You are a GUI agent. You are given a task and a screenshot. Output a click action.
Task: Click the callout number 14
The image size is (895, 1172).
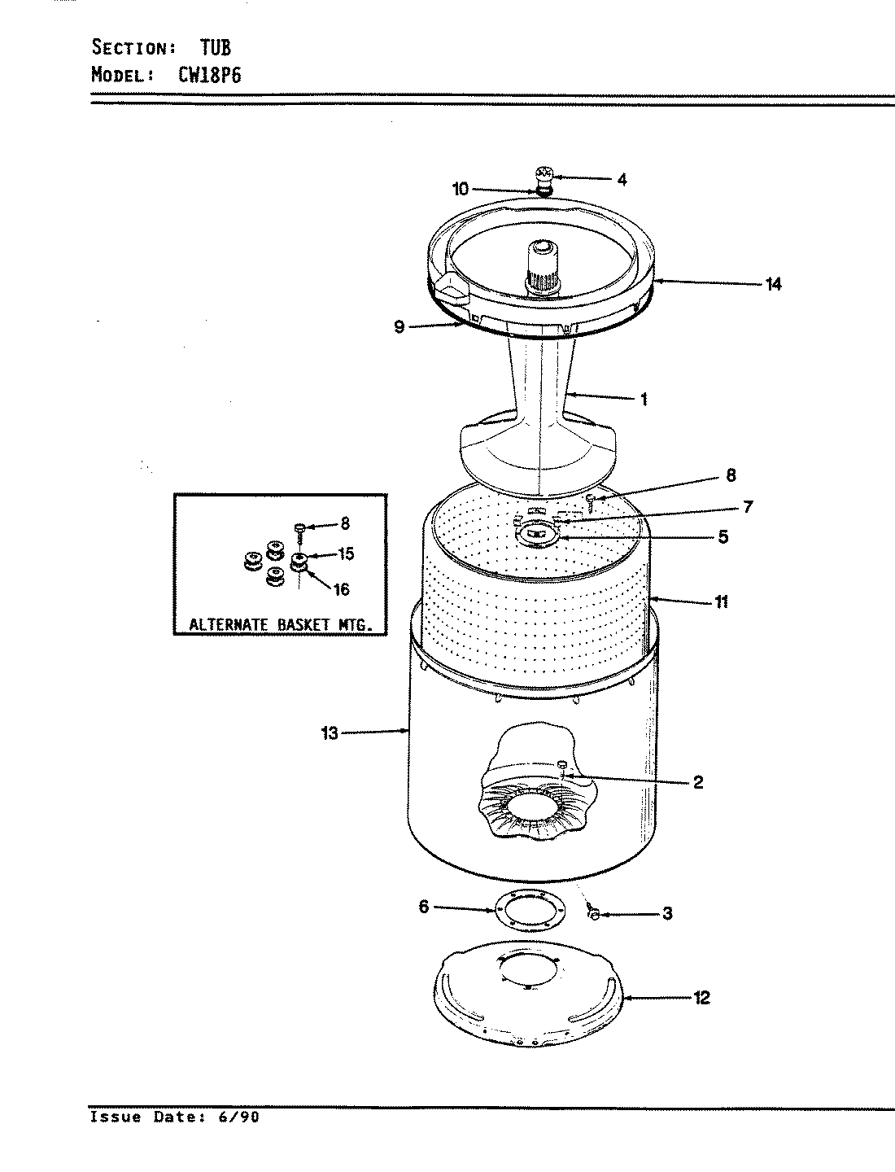point(772,284)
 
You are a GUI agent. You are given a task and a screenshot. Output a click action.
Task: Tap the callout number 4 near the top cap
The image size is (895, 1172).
point(622,180)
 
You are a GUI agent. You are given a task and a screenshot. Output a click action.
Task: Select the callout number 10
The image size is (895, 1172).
point(461,189)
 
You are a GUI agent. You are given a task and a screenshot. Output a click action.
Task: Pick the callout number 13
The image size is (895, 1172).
point(329,733)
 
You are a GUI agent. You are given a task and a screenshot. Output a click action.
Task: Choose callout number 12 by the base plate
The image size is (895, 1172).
point(701,997)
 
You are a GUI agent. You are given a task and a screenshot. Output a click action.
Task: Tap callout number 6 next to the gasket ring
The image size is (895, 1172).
point(423,907)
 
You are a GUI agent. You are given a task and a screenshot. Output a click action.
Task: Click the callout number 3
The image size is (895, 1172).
point(666,914)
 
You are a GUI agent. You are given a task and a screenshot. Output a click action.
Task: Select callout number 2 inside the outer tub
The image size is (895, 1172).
point(697,783)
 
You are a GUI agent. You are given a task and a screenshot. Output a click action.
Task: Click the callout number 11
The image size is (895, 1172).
point(721,602)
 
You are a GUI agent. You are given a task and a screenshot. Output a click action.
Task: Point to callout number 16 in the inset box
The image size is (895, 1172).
point(342,589)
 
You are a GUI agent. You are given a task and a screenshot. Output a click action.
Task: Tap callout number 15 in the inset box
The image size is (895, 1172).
point(345,554)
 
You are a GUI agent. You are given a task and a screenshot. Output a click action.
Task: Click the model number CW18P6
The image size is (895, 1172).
point(211,75)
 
